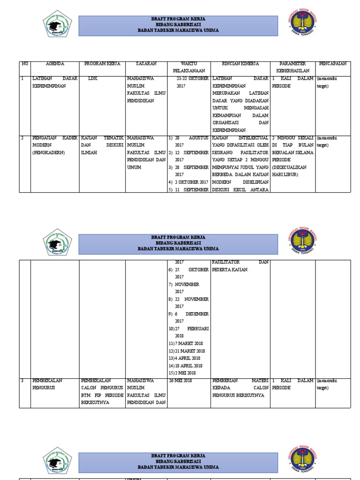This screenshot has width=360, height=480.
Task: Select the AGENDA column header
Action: [x=55, y=64]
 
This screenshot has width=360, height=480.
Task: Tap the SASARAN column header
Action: [x=146, y=64]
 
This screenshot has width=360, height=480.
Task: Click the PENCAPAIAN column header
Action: [x=332, y=64]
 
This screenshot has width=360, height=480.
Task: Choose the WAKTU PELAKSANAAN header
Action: [x=189, y=67]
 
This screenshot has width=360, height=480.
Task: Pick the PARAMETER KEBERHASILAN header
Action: [x=292, y=67]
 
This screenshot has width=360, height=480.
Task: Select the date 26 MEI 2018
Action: [x=181, y=381]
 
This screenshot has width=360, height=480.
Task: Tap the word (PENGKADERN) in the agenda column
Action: [x=49, y=152]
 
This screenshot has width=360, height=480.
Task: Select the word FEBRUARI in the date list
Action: [x=198, y=329]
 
